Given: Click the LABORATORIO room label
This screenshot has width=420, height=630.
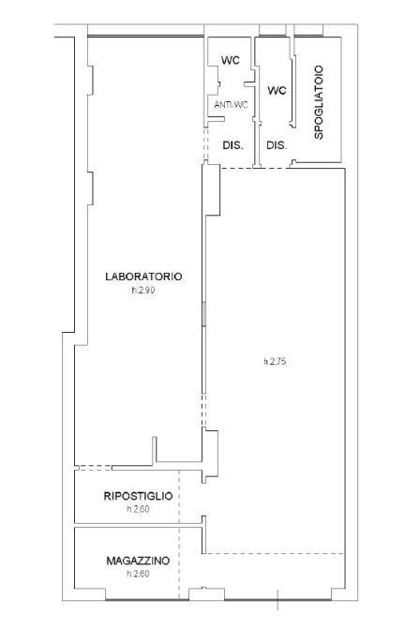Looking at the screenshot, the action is (x=143, y=277).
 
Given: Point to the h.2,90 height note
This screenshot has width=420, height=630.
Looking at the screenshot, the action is (x=143, y=290).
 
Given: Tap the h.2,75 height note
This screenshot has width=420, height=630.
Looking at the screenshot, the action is (x=275, y=362).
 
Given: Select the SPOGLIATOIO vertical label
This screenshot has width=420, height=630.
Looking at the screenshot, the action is (x=319, y=102).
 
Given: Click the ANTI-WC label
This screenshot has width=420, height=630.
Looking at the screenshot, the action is (x=231, y=105).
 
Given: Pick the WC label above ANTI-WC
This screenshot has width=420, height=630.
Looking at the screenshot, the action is (x=231, y=60).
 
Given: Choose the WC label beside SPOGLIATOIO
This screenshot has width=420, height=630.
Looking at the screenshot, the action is (x=277, y=90).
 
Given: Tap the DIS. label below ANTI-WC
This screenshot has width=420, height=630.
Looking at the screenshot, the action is (x=233, y=145).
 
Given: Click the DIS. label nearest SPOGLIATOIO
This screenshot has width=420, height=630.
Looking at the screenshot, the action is (x=277, y=145).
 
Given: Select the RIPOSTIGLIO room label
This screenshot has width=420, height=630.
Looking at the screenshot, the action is (x=138, y=496).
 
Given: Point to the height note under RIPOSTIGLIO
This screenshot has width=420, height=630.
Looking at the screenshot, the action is (x=138, y=509).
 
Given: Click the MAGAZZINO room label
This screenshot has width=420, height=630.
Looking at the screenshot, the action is (x=138, y=561).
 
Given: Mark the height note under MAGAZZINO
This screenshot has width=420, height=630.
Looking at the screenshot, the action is (x=138, y=574).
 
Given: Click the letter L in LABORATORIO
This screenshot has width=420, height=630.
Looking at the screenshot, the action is (x=108, y=277).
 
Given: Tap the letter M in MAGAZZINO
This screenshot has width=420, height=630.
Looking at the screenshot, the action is (x=110, y=561).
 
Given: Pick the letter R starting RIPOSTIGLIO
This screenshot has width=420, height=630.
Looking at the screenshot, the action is (x=107, y=496).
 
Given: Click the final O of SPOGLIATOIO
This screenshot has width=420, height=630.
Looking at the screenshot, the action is (x=319, y=69).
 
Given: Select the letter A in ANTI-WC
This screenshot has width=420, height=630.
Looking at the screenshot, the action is (x=217, y=105).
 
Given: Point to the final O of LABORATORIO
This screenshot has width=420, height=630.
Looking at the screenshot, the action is (x=178, y=277).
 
